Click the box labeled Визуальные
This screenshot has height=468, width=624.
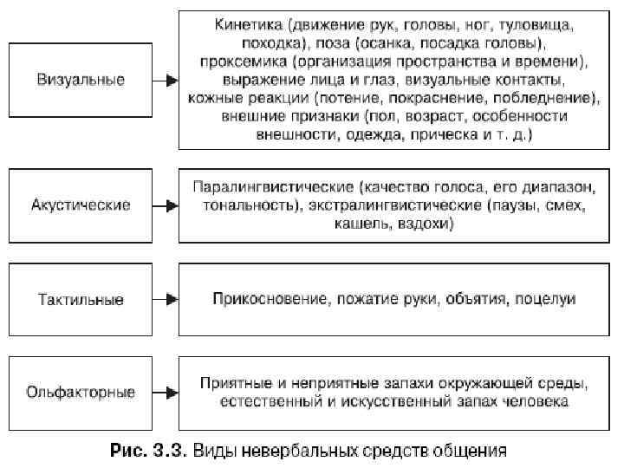pos(81,80)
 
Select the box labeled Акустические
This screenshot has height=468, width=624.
pos(81,205)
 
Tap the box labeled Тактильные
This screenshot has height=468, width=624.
pos(81,300)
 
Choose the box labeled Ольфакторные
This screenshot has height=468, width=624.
pos(81,393)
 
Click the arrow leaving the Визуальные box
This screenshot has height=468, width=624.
pos(166,80)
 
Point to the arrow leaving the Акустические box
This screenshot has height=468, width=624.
pos(166,206)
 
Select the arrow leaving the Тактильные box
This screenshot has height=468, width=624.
pos(166,300)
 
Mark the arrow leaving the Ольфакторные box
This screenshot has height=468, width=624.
pos(166,393)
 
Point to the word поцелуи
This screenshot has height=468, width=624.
pos(546,300)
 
